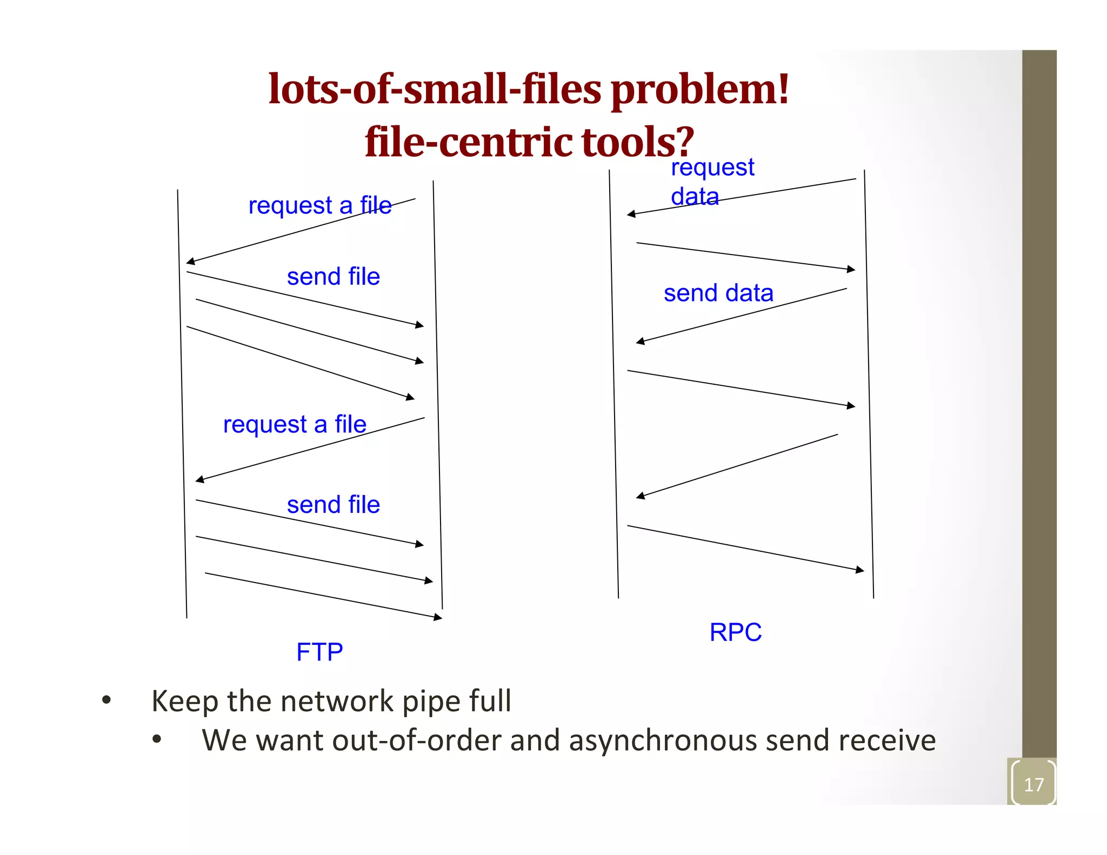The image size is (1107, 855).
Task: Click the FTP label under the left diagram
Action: tap(319, 652)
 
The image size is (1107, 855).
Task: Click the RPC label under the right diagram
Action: tap(735, 632)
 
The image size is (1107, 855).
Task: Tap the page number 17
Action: tap(1033, 784)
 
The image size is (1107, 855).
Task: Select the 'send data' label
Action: tap(718, 293)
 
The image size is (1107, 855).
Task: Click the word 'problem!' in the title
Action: tap(701, 90)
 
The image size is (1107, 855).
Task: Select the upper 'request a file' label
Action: tap(320, 205)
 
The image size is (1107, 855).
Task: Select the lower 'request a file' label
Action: tap(295, 424)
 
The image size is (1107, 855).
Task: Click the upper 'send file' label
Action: tap(333, 276)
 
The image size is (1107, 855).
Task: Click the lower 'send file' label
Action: tap(333, 505)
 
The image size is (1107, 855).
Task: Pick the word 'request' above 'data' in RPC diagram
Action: tap(712, 168)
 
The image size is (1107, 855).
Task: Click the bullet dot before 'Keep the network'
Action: tap(106, 701)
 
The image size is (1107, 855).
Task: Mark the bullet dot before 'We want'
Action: tap(157, 739)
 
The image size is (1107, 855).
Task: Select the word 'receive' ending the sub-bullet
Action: tap(886, 740)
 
